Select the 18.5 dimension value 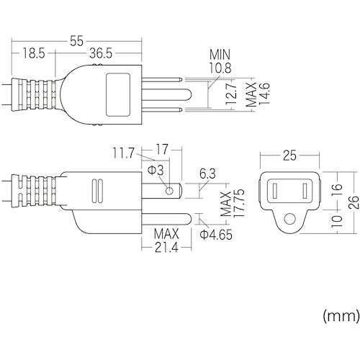click(30, 53)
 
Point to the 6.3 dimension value click(207, 174)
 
